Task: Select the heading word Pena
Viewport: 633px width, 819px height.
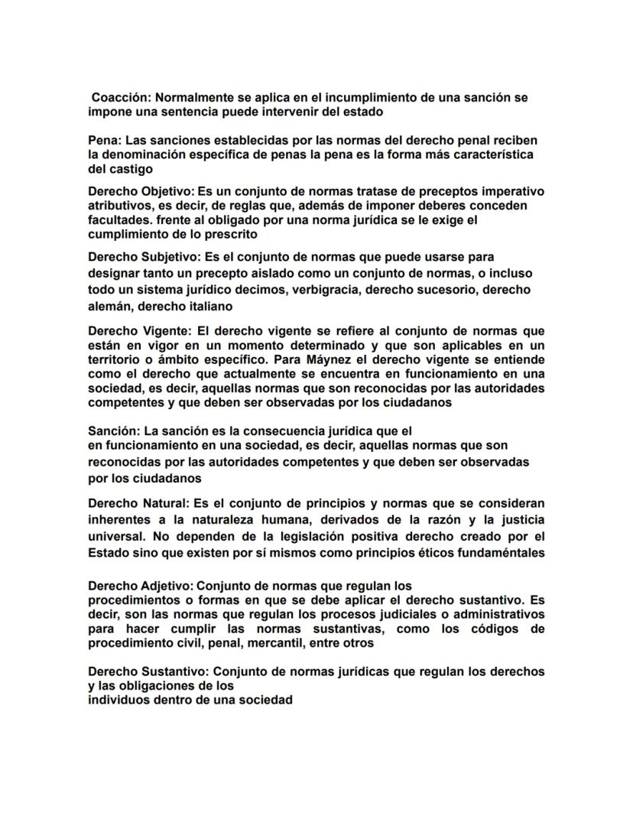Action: click(104, 141)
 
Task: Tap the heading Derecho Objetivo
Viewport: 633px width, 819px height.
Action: click(141, 191)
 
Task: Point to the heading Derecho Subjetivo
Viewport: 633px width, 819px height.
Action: click(143, 257)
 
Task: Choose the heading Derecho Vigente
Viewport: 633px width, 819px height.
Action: click(137, 331)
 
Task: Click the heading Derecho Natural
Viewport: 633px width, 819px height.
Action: click(138, 503)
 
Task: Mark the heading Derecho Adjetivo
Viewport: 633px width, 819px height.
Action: click(142, 587)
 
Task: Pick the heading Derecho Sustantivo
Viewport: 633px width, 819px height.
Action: click(148, 671)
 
